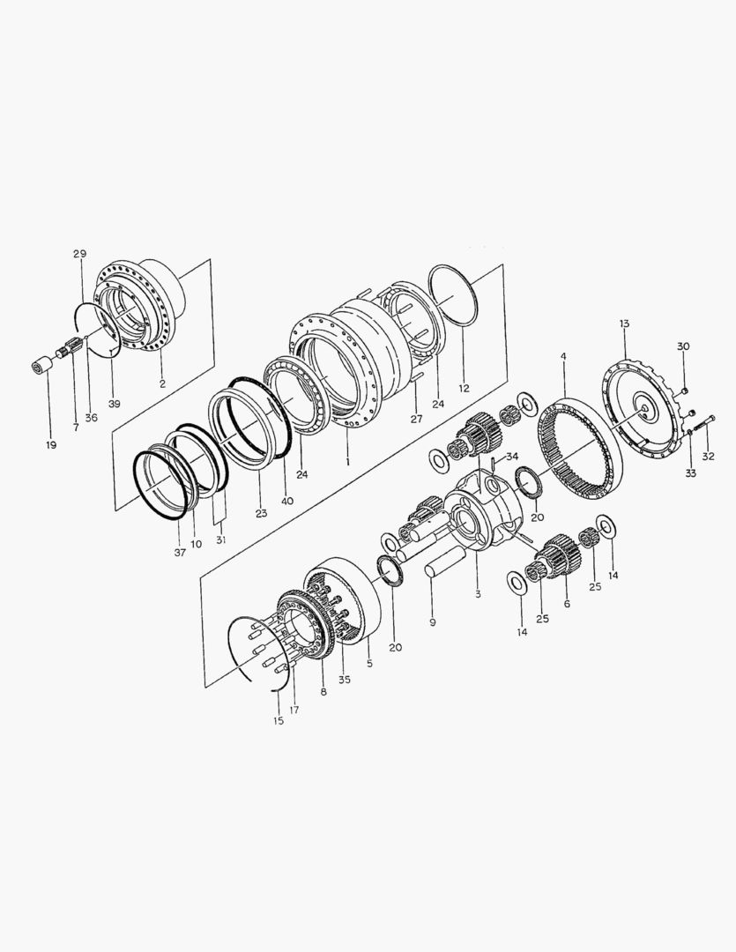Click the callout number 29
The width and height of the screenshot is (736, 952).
[x=80, y=254]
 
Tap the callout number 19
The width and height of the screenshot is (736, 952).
[x=51, y=445]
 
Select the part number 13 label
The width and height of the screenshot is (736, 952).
[x=625, y=324]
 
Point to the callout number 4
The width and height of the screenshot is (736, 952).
[x=563, y=355]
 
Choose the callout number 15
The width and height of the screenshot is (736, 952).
[x=279, y=721]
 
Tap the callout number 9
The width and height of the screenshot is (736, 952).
[x=433, y=622]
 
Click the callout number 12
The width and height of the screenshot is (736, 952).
[x=464, y=389]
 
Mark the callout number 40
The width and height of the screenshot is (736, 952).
[x=287, y=501]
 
